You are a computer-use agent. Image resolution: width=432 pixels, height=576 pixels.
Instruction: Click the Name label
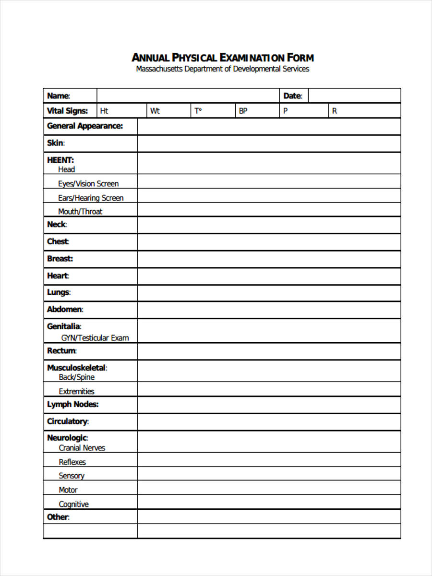[58, 96]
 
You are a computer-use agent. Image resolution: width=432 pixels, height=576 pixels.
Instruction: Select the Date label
[292, 96]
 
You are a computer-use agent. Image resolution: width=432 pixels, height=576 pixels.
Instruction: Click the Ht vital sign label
[104, 111]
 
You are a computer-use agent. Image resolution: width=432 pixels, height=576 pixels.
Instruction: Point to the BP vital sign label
[243, 111]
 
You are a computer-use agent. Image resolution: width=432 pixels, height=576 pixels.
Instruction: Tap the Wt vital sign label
[155, 111]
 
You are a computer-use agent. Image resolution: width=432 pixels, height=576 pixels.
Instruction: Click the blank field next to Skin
[269, 144]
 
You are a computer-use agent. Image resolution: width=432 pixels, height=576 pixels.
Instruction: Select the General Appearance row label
[84, 126]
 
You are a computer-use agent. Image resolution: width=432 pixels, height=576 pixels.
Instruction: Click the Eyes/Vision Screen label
[88, 184]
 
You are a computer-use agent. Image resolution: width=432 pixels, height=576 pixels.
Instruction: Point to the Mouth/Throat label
[80, 212]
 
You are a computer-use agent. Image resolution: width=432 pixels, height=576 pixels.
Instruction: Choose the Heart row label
[58, 276]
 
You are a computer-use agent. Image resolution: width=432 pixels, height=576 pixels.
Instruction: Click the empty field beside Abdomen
[269, 310]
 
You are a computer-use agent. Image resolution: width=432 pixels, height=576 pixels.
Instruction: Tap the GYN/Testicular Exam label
[95, 338]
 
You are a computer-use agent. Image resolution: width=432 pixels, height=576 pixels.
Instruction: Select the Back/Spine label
[77, 377]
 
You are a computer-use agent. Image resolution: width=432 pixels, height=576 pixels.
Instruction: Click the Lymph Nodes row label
[72, 405]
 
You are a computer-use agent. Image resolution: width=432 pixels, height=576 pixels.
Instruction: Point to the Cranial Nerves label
[82, 448]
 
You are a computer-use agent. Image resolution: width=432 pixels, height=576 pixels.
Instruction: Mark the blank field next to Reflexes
[269, 462]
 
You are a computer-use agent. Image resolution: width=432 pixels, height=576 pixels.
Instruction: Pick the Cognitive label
[73, 504]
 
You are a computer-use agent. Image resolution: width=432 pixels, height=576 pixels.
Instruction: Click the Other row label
[58, 517]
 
